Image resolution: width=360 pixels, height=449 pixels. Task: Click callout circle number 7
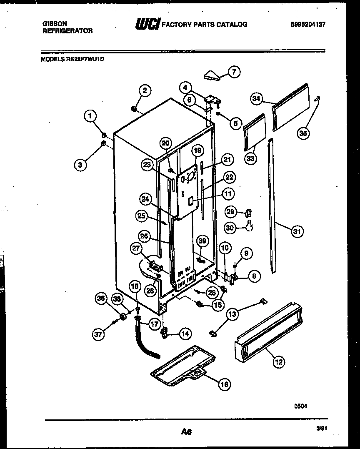coord(234,72)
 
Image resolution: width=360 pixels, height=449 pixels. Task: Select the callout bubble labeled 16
coord(224,384)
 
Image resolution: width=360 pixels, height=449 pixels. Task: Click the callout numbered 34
coord(257,98)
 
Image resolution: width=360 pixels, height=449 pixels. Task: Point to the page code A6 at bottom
coord(186,432)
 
